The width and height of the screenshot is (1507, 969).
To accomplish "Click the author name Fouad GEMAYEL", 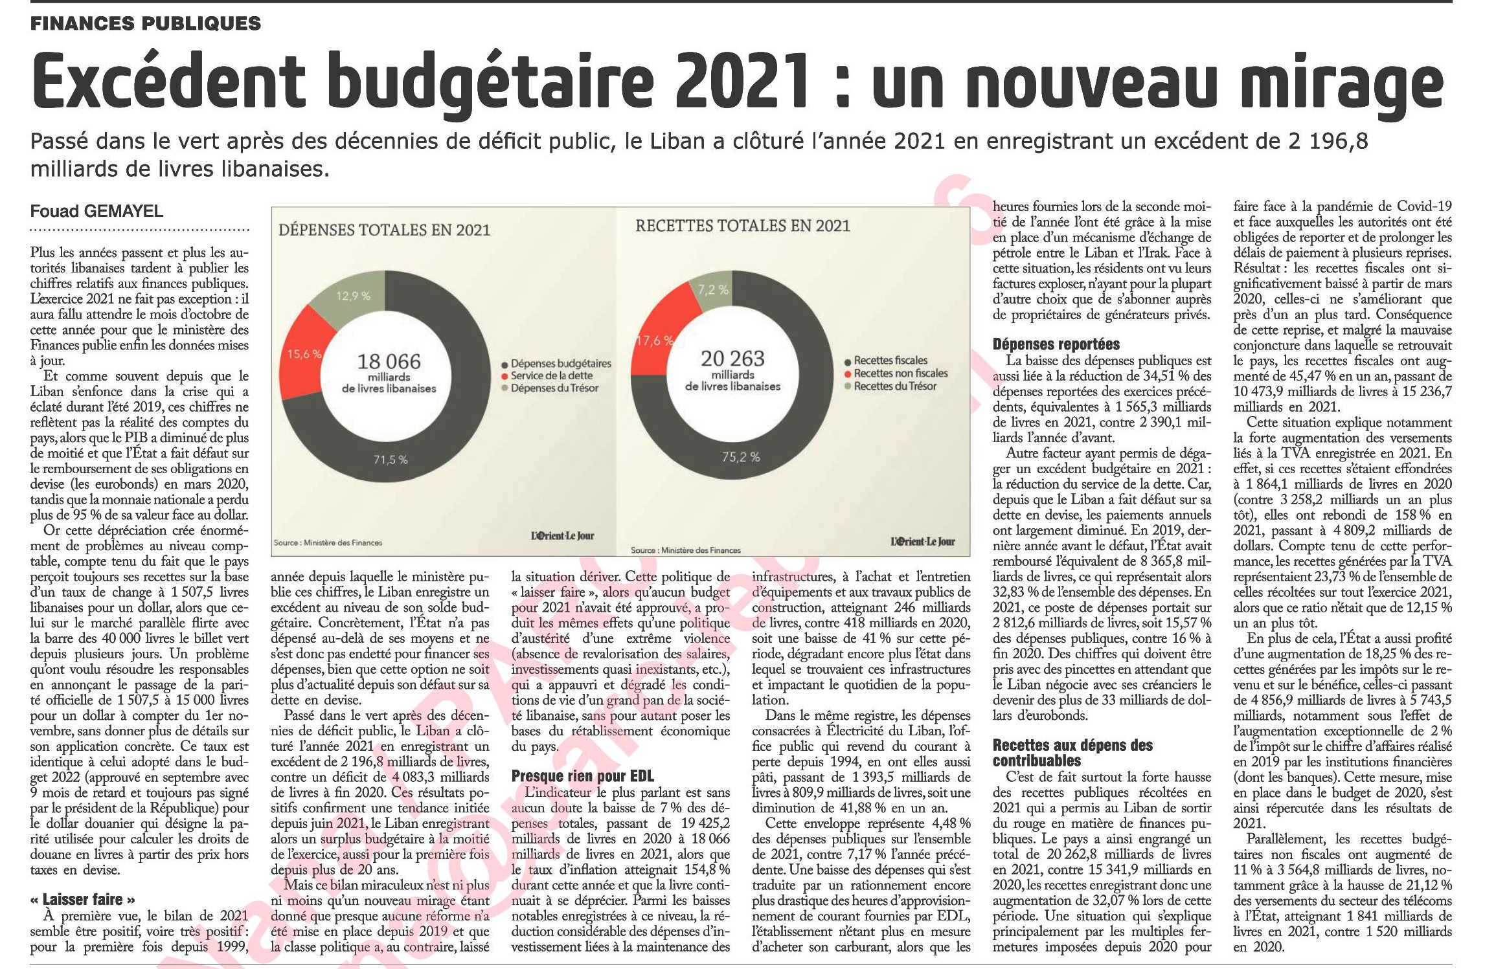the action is [x=96, y=212].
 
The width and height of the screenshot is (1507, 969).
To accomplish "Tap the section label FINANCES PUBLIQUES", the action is [x=146, y=24].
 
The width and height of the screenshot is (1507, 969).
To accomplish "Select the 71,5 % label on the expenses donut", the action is [x=391, y=460].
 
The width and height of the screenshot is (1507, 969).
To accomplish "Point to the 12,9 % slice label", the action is [x=353, y=296].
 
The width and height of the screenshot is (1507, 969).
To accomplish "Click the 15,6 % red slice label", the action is [x=304, y=354].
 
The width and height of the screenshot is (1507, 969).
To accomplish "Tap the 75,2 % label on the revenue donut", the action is [x=741, y=457].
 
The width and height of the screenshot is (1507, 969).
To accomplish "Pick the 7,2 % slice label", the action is [x=713, y=289].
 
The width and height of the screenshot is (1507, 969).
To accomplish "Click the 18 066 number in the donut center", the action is [x=389, y=361].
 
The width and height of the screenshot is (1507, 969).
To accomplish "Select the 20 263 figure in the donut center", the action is [x=732, y=359].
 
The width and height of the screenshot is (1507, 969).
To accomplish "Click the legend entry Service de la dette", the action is [x=552, y=375].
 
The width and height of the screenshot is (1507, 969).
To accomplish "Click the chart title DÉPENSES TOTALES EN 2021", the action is [x=384, y=230].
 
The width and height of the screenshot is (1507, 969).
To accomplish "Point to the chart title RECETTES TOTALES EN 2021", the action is [x=742, y=226].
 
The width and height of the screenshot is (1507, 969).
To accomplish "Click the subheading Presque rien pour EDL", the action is [x=583, y=776].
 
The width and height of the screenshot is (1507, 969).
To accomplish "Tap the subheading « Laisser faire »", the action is [x=83, y=900].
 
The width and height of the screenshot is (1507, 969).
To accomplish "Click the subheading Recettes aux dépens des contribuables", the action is [x=1072, y=753].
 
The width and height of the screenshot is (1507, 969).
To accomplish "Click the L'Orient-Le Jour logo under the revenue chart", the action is [x=922, y=542].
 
